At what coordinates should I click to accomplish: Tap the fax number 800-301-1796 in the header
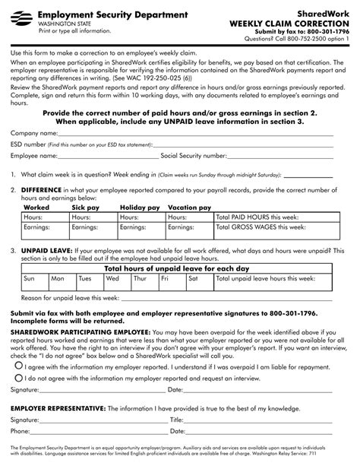pyautogui.click(x=329, y=31)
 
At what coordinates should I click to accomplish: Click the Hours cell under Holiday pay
pyautogui.click(x=142, y=217)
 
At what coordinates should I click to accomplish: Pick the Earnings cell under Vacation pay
pyautogui.click(x=190, y=227)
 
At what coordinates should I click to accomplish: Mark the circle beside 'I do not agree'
pyautogui.click(x=18, y=377)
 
